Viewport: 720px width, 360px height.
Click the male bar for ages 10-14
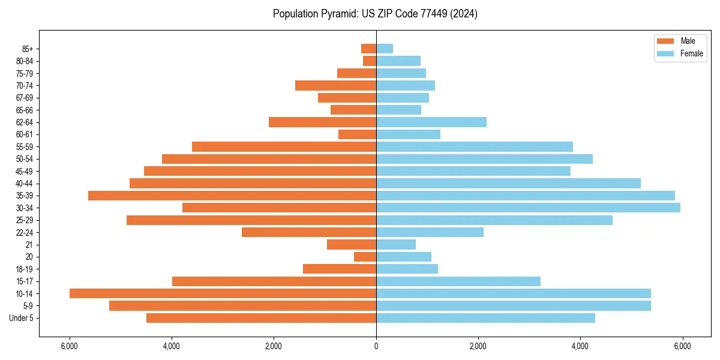tap(223, 293)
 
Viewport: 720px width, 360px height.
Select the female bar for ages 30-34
tap(528, 208)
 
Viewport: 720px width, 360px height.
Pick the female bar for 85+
tap(385, 49)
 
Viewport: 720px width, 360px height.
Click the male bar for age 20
tap(365, 257)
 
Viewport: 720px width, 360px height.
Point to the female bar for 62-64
tap(431, 122)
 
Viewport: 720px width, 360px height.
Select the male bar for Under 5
tap(261, 318)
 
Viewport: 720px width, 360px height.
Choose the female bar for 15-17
tap(458, 281)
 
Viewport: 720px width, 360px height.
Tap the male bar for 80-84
tap(370, 61)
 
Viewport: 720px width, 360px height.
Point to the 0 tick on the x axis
tap(376, 346)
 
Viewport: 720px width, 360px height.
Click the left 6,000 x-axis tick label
tap(70, 346)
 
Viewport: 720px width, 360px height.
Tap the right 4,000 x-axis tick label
tap(580, 346)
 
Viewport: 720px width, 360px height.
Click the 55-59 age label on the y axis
tap(25, 146)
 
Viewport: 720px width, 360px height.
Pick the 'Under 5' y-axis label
tap(22, 318)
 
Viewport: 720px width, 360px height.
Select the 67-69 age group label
tap(25, 98)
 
